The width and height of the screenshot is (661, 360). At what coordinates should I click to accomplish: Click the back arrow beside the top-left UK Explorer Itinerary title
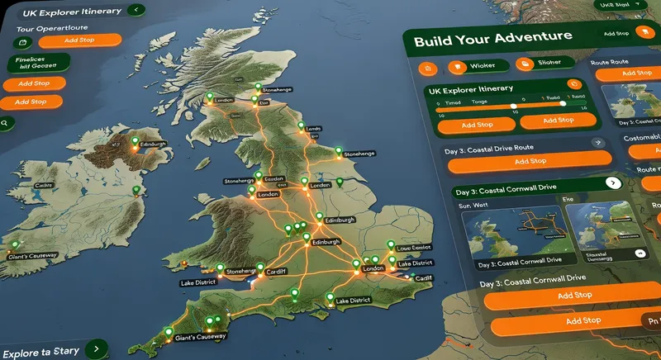point(133,11)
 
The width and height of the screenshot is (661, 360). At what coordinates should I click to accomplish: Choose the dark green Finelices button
point(37,63)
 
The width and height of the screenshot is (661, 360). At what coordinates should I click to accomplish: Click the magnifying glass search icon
point(5,122)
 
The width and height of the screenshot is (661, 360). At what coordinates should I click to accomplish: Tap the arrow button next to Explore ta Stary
point(97,348)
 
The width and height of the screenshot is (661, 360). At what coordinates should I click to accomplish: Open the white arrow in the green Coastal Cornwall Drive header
point(612,182)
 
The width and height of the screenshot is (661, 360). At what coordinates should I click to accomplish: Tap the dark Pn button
point(650,320)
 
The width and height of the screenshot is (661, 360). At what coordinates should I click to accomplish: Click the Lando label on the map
point(312,130)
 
